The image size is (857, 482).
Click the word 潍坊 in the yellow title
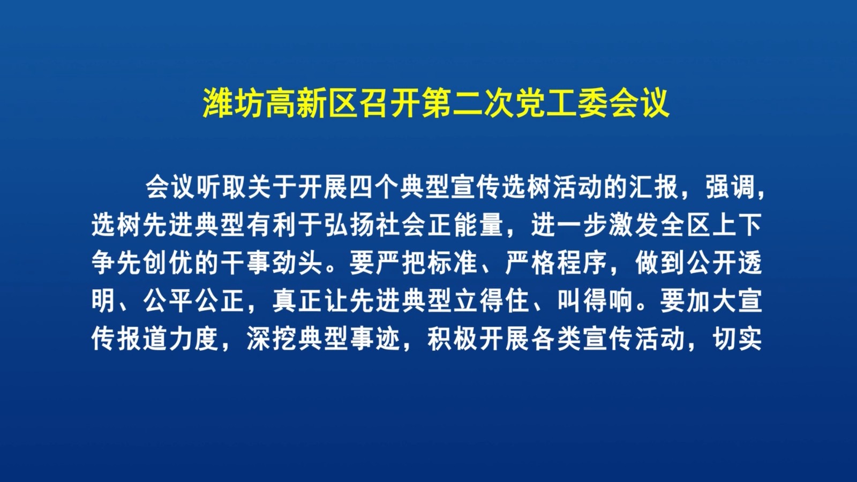(x=233, y=104)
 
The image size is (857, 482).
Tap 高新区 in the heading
(x=311, y=104)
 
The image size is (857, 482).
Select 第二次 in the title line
(x=467, y=104)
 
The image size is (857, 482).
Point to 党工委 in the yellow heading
(x=561, y=104)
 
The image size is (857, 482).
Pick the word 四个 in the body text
(x=374, y=188)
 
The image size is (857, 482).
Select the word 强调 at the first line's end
(x=731, y=188)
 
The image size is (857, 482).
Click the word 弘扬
(x=349, y=225)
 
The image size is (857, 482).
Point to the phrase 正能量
(x=465, y=225)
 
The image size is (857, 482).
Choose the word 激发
(x=634, y=225)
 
